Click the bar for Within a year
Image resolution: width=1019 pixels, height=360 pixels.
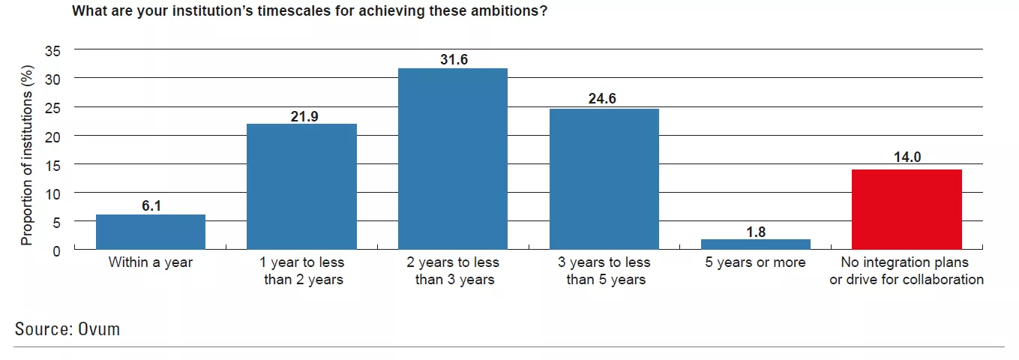tap(151, 232)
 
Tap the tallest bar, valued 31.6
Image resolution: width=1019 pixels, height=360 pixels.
tap(453, 158)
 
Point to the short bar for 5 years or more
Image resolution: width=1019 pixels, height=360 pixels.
tap(756, 244)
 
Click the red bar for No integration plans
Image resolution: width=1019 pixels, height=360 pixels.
tap(907, 209)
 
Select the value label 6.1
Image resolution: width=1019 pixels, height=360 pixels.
tap(151, 205)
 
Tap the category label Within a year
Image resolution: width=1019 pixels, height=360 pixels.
tap(151, 263)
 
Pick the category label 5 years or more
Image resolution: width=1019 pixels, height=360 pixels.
tap(756, 263)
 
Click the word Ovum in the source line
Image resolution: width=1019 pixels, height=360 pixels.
tap(99, 328)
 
